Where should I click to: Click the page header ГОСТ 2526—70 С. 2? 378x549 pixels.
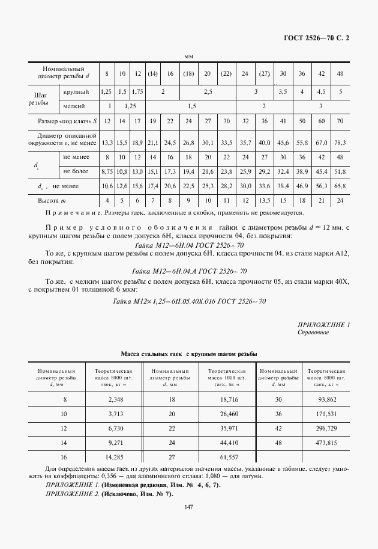pos(316,38)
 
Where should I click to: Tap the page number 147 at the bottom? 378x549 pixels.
pos(189,508)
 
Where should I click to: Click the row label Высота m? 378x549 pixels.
pos(55,200)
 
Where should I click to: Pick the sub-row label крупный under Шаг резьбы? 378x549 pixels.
pos(76,92)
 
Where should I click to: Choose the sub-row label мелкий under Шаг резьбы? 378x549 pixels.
pos(74,106)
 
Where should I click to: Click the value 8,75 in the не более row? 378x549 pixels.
pos(107,171)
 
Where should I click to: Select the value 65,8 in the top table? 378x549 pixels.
pos(340,186)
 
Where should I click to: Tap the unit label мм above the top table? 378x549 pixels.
pos(188,57)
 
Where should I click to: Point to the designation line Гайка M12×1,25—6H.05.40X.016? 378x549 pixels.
pos(189,301)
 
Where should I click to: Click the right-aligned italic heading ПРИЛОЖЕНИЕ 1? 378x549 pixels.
pos(323,325)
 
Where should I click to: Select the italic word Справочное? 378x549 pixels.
pos(313,332)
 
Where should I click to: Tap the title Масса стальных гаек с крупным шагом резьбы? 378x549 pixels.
pos(189,354)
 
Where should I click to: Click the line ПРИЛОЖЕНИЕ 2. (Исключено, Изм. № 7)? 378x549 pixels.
pos(109,493)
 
